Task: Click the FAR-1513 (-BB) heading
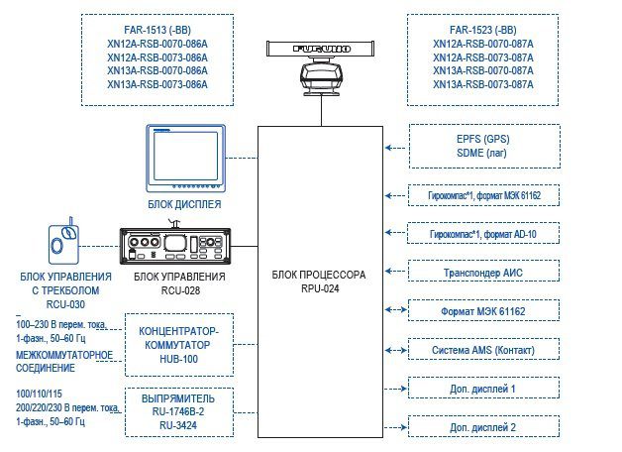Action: [157, 30]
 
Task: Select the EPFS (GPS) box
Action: [482, 147]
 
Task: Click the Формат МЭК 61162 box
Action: [482, 310]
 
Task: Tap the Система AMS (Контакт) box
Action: [482, 350]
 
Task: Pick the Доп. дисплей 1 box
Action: [482, 389]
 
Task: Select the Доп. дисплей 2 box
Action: [482, 427]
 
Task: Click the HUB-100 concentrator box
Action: [178, 343]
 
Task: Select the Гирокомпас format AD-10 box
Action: [482, 233]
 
